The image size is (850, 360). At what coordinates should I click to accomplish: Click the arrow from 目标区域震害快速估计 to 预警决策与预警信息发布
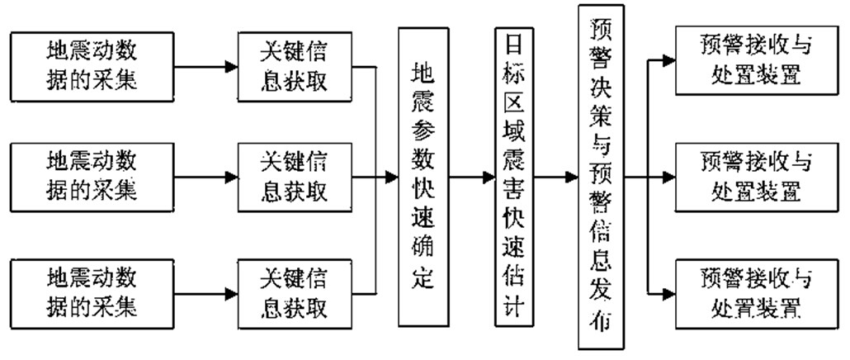pos(555,177)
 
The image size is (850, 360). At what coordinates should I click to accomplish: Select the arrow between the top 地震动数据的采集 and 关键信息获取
pos(203,63)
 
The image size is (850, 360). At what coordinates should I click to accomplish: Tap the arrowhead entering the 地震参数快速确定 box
pos(391,177)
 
